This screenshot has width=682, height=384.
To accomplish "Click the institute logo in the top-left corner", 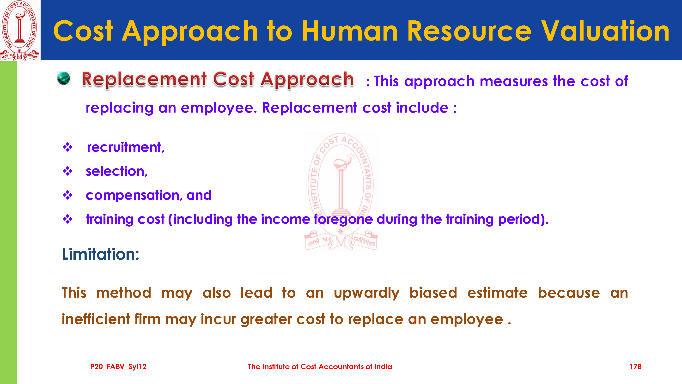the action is pyautogui.click(x=20, y=30).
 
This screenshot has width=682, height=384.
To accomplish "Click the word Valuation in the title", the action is pyautogui.click(x=605, y=31).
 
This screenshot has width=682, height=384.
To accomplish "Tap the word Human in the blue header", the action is pyautogui.click(x=350, y=31).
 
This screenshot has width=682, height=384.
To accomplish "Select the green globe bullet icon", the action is pyautogui.click(x=64, y=78).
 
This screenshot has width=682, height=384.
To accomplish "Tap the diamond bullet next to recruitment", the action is pyautogui.click(x=68, y=147).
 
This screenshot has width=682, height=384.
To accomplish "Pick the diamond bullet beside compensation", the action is pyautogui.click(x=68, y=195).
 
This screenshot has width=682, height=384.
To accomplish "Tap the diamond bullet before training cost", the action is pyautogui.click(x=68, y=219).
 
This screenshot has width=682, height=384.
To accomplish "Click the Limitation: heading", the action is pyautogui.click(x=101, y=254).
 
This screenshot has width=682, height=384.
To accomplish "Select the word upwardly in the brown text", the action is pyautogui.click(x=366, y=293).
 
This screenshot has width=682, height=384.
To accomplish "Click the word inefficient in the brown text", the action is pyautogui.click(x=96, y=319).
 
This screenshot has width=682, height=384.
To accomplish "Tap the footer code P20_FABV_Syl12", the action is pyautogui.click(x=118, y=367).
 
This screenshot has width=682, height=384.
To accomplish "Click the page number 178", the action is pyautogui.click(x=635, y=366).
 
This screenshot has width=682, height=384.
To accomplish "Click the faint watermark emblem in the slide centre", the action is pyautogui.click(x=341, y=192).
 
